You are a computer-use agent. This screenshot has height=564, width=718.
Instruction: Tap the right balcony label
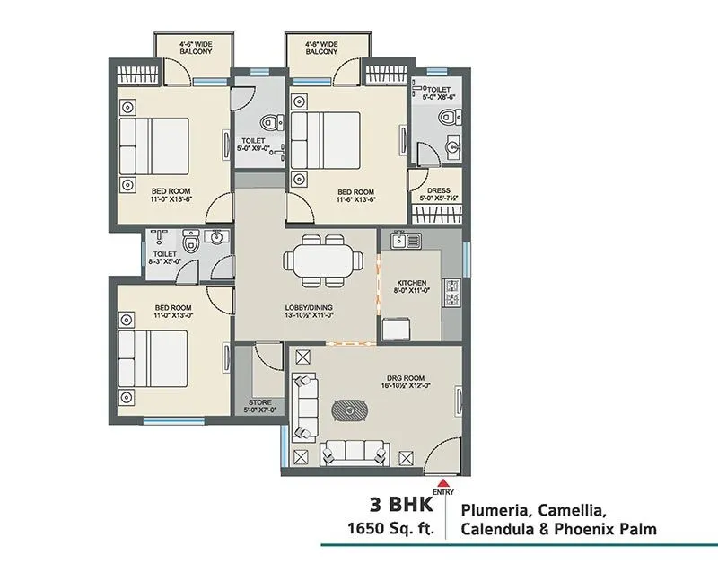pyautogui.click(x=321, y=47)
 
